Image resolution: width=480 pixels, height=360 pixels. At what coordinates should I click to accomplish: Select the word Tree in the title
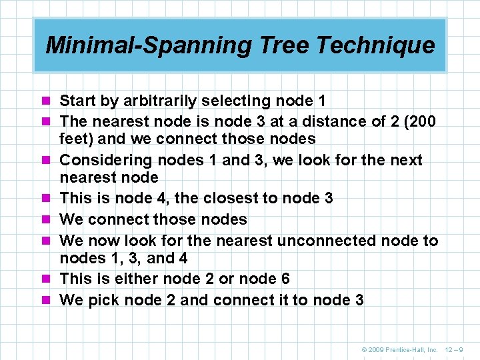pyautogui.click(x=279, y=45)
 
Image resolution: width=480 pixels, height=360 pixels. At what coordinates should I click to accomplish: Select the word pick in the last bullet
pyautogui.click(x=103, y=300)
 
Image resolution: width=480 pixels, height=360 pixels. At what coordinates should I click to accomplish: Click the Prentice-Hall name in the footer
pyautogui.click(x=411, y=349)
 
